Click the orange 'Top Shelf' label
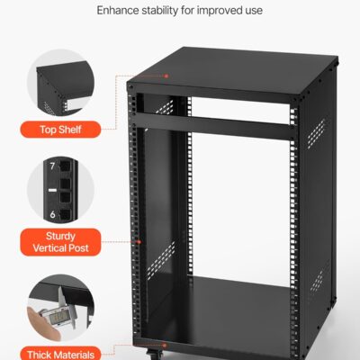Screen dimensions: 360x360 click(x=64, y=129)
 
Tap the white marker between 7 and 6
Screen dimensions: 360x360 click(x=53, y=190)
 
